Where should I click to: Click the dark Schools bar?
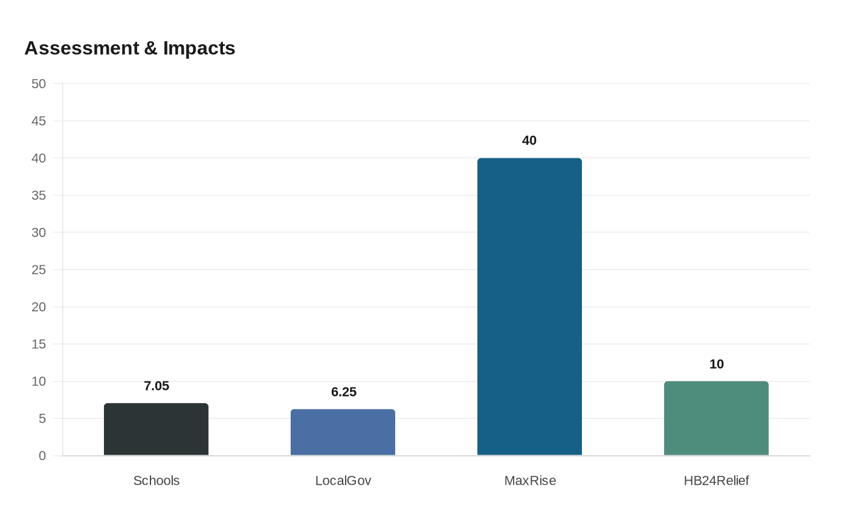(156, 429)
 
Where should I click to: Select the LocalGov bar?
(343, 432)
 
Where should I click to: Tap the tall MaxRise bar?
(529, 307)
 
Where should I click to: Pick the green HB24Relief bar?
(716, 418)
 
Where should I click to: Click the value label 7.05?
(157, 386)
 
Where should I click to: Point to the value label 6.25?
(344, 392)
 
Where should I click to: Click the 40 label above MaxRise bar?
(529, 140)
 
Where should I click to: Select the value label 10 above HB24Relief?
(716, 364)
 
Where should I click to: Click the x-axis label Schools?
(157, 481)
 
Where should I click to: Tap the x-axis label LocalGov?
(343, 481)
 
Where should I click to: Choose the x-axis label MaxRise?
(530, 481)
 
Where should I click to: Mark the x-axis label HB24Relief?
(716, 481)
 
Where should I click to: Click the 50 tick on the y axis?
(39, 83)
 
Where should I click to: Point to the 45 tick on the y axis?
(39, 121)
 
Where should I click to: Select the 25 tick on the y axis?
(39, 270)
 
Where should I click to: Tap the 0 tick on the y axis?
(42, 456)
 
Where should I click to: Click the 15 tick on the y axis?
(39, 344)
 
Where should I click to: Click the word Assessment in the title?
(82, 48)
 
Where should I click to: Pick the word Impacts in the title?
(199, 48)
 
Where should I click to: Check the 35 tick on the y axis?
(39, 195)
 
